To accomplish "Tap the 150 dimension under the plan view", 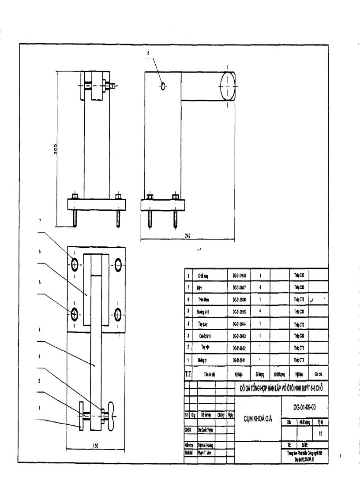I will click(95, 446).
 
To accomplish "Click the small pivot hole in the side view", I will click(163, 86).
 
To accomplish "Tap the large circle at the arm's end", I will click(226, 86).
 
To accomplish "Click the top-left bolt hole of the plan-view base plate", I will click(75, 264).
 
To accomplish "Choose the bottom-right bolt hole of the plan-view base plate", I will click(118, 314).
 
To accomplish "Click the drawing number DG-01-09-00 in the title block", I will click(304, 407).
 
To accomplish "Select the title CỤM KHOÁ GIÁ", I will click(258, 419).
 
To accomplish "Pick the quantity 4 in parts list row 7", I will click(261, 287).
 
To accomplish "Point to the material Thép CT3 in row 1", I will click(300, 360).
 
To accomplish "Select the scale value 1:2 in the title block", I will click(320, 433).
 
